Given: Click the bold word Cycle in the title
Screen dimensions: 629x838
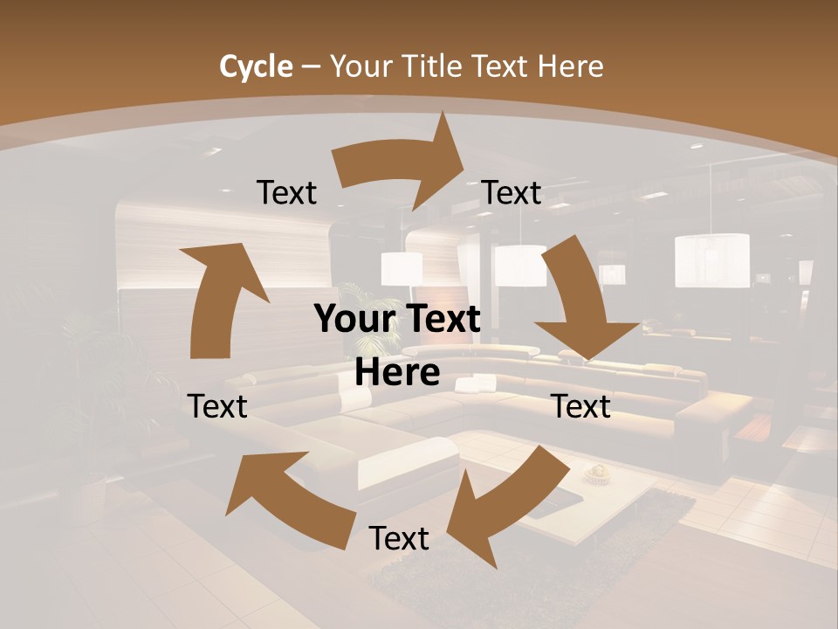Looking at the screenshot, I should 256,66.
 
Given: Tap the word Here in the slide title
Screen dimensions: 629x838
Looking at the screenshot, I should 571,66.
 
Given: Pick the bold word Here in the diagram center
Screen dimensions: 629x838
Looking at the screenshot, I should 397,372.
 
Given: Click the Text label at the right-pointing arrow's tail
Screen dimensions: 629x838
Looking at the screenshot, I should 286,193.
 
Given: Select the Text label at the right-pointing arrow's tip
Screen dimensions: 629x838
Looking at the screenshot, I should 512,193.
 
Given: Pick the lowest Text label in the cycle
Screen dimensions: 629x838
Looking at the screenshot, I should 399,539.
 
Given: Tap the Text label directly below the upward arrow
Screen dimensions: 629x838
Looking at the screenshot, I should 217,406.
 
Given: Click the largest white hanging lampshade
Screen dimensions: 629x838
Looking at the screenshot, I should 711,260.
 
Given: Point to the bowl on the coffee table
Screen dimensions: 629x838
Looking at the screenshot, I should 598,473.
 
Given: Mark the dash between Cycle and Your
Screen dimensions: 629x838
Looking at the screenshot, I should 312,67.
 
